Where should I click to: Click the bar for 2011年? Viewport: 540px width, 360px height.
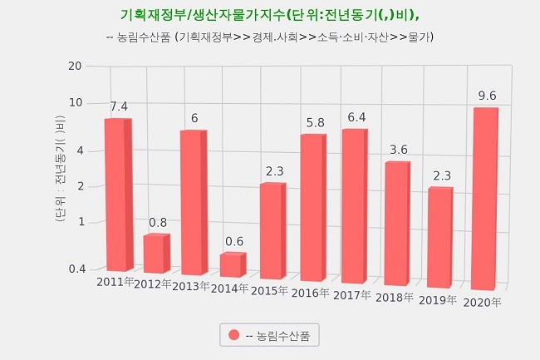click(x=116, y=195)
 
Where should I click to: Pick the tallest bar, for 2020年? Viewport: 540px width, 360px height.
click(x=484, y=199)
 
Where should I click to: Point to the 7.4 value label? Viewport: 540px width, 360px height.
click(x=119, y=106)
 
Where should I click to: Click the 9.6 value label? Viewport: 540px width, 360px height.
click(x=487, y=96)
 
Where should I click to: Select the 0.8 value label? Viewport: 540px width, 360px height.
click(x=158, y=223)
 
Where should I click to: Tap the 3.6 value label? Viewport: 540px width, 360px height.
click(x=399, y=150)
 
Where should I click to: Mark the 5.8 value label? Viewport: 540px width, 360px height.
click(x=315, y=122)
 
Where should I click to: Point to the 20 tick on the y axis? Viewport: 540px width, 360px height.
click(x=75, y=67)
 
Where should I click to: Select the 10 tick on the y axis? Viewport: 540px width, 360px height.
click(x=75, y=102)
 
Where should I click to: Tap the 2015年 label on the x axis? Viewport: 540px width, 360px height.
click(x=268, y=290)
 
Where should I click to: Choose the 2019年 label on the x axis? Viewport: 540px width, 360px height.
click(x=438, y=299)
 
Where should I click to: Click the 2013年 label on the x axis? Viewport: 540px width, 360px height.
click(x=191, y=287)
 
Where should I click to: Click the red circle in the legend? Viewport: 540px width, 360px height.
click(x=234, y=335)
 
